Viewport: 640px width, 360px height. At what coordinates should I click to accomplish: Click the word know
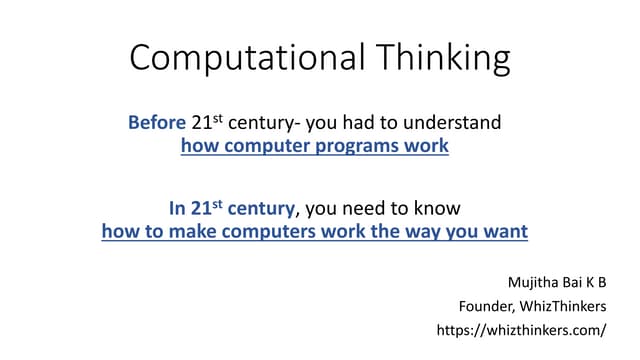(439, 209)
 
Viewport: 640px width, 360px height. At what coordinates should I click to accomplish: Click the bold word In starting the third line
(177, 209)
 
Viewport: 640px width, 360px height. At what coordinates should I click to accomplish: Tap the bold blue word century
(260, 209)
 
